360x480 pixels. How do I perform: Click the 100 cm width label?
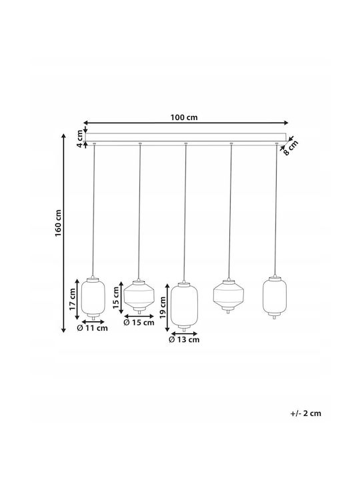[x=184, y=117]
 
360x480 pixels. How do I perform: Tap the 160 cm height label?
[x=58, y=223]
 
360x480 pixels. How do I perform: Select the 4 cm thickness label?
[x=79, y=139]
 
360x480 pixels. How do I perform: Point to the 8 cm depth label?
[x=290, y=148]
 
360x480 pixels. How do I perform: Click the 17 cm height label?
[x=72, y=299]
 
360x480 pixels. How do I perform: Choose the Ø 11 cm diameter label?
[x=93, y=328]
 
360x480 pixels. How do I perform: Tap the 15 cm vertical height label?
[x=116, y=297]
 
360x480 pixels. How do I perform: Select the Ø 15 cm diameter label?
[x=139, y=323]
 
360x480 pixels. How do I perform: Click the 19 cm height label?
[x=163, y=307]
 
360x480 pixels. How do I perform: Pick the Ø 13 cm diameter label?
[x=184, y=339]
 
